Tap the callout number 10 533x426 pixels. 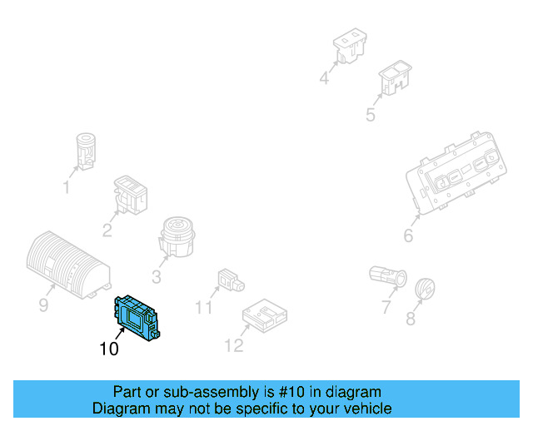(109, 349)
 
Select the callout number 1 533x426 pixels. (67, 188)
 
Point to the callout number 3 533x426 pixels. (157, 277)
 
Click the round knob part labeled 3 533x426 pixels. (177, 235)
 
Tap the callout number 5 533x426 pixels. (371, 115)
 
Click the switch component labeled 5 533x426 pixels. (393, 79)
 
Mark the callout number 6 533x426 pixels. (408, 236)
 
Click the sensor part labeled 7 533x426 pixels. (386, 275)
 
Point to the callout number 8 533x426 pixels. (411, 319)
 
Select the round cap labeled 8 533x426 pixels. (426, 290)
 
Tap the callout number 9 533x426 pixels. (43, 306)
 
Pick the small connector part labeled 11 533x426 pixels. (229, 280)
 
